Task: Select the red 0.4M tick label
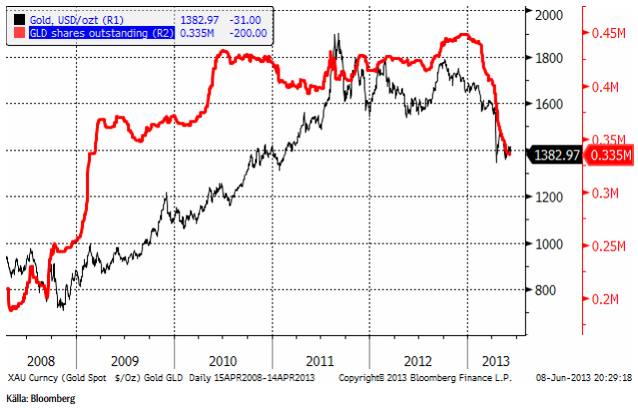point(608,88)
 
